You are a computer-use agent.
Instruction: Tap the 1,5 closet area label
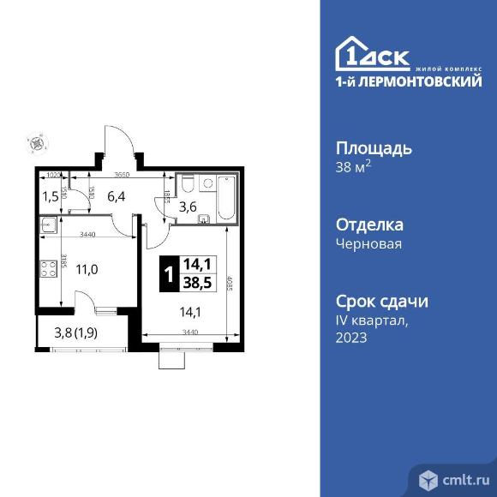(x=51, y=196)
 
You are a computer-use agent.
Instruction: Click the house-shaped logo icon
(x=352, y=53)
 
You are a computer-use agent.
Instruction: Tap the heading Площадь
(x=373, y=147)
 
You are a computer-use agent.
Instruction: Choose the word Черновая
(x=368, y=243)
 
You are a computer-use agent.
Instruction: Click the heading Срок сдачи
(x=381, y=302)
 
